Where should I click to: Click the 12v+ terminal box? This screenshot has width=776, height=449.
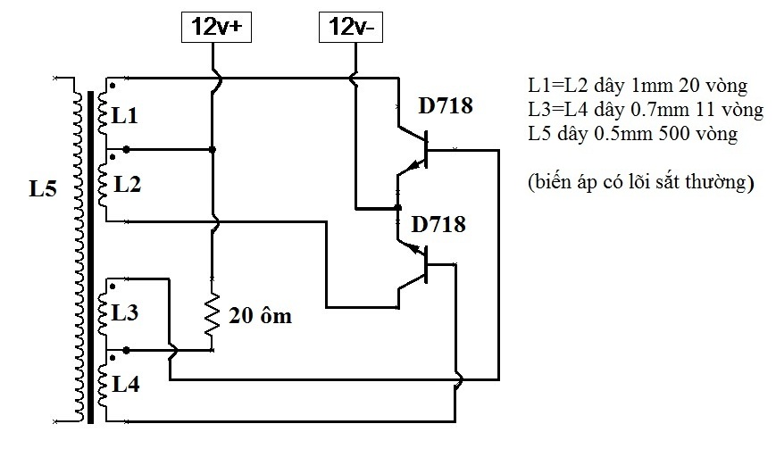(x=216, y=27)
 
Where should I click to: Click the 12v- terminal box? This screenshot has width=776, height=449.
(x=351, y=27)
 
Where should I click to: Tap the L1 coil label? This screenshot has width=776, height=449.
(x=125, y=116)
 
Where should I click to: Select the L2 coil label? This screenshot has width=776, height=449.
(x=128, y=184)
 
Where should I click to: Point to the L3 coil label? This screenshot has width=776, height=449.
(x=125, y=312)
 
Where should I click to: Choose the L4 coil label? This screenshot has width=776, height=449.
(x=126, y=384)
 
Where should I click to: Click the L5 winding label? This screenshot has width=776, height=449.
(x=43, y=188)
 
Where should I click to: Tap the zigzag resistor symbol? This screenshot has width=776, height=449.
(x=212, y=314)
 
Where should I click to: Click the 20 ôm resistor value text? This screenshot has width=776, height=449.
(x=261, y=316)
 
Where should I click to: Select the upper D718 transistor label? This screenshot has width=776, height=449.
(x=446, y=106)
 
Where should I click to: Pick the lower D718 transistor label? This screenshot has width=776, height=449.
(x=438, y=225)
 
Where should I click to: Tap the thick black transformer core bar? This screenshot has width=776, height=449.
(x=90, y=257)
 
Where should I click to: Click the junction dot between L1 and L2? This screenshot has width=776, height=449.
(x=126, y=149)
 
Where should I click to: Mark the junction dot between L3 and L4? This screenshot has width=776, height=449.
(x=126, y=350)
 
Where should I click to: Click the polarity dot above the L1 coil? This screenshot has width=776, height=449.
(x=113, y=86)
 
